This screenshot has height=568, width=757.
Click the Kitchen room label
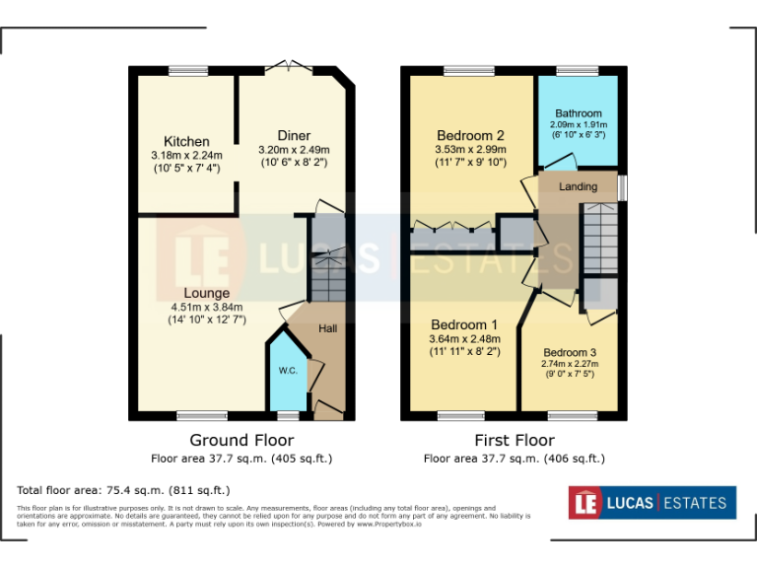[186, 141]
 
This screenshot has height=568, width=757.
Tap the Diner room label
[294, 135]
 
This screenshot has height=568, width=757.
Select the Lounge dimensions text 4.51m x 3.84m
[206, 307]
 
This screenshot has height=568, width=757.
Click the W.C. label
[288, 371]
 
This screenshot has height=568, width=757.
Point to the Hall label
[328, 328]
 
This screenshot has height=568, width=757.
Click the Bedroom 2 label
[470, 135]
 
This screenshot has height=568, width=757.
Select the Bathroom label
[578, 113]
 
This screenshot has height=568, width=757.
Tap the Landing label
[578, 186]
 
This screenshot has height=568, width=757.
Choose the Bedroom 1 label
[463, 324]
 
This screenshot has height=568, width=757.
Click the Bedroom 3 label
[570, 352]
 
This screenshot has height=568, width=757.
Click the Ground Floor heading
[241, 440]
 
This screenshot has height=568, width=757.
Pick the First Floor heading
[514, 440]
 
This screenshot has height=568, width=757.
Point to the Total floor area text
[123, 490]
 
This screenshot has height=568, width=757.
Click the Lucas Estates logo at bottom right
[652, 503]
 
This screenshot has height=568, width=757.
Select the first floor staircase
[598, 237]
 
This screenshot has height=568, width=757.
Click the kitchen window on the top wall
[187, 69]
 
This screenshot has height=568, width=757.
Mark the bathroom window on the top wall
[577, 70]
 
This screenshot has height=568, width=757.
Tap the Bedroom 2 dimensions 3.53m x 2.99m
[470, 150]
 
